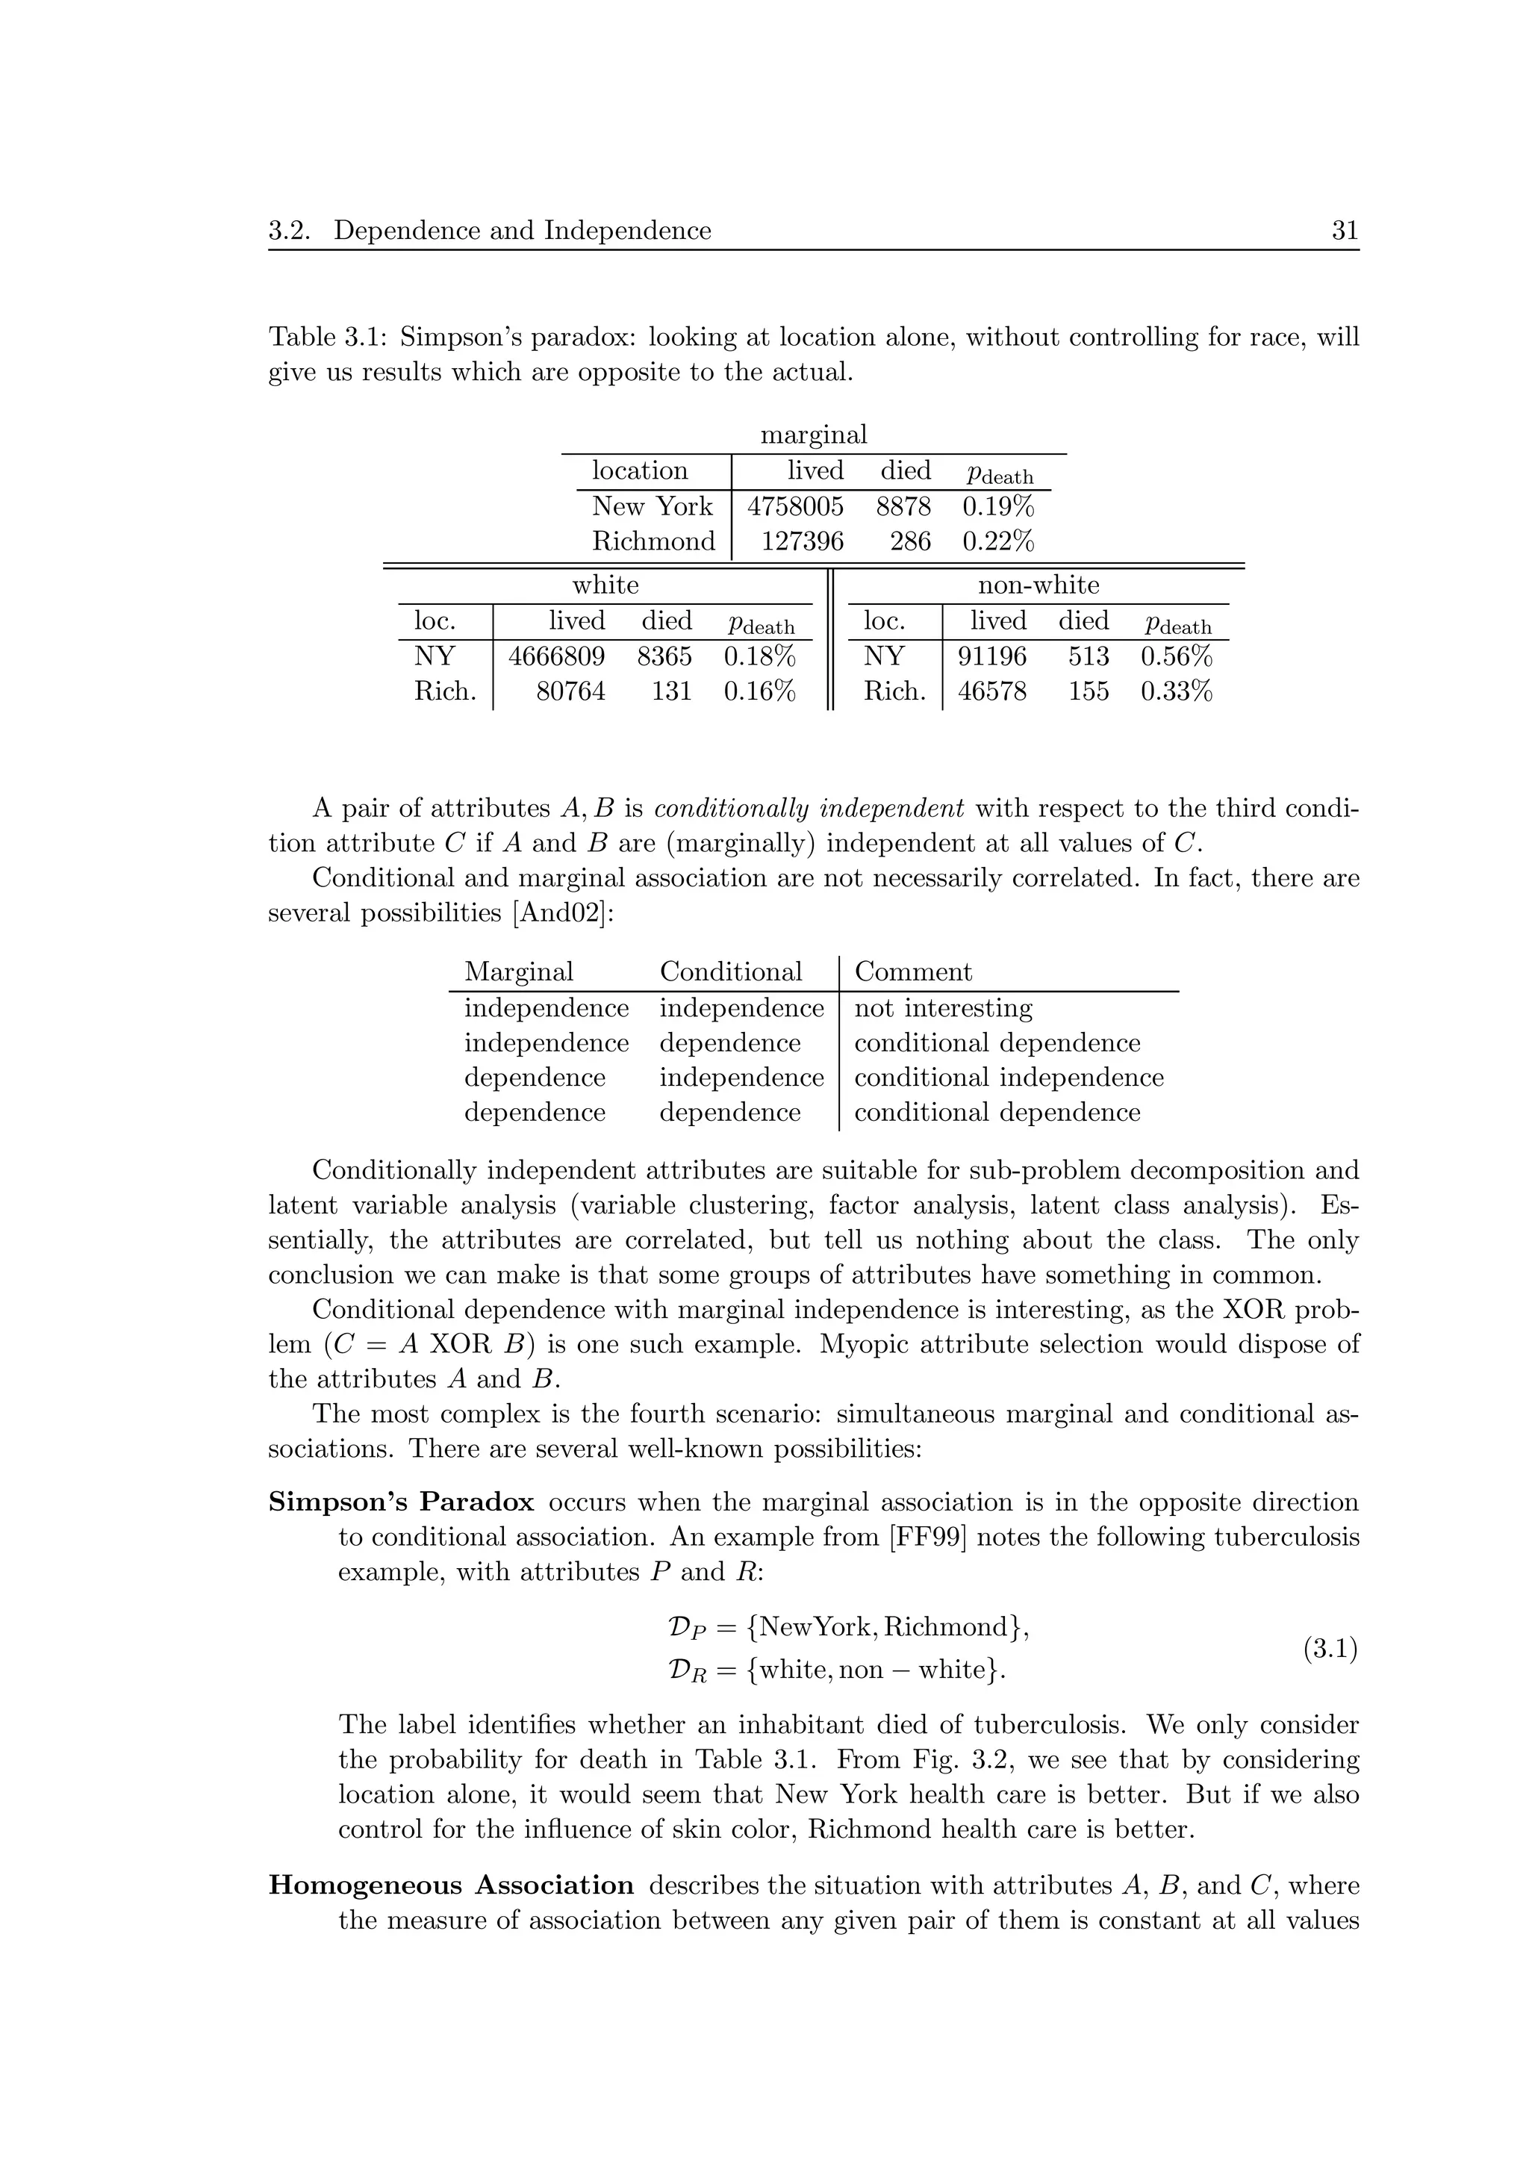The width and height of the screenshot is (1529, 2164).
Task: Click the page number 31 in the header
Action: coord(1345,231)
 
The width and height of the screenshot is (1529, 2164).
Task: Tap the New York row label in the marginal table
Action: coord(652,506)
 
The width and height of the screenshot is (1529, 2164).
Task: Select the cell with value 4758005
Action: coord(795,506)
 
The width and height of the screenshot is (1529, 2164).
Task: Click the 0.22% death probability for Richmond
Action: coord(997,541)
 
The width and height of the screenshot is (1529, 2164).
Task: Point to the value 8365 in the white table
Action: coord(664,656)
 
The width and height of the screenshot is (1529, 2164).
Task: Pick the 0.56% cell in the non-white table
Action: coord(1176,656)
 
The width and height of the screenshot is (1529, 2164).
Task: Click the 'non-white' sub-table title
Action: coord(1038,585)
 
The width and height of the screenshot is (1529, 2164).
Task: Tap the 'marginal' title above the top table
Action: coord(813,435)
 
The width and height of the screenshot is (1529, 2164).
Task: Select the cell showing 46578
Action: coord(992,691)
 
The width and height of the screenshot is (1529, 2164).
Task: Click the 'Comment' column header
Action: coord(912,971)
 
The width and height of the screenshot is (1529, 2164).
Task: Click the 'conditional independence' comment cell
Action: coord(1008,1078)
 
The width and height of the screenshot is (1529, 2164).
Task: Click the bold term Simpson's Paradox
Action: coord(402,1502)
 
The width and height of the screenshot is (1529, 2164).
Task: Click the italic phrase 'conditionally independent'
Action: coord(809,809)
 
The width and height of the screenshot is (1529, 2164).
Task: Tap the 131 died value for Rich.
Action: coord(670,691)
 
